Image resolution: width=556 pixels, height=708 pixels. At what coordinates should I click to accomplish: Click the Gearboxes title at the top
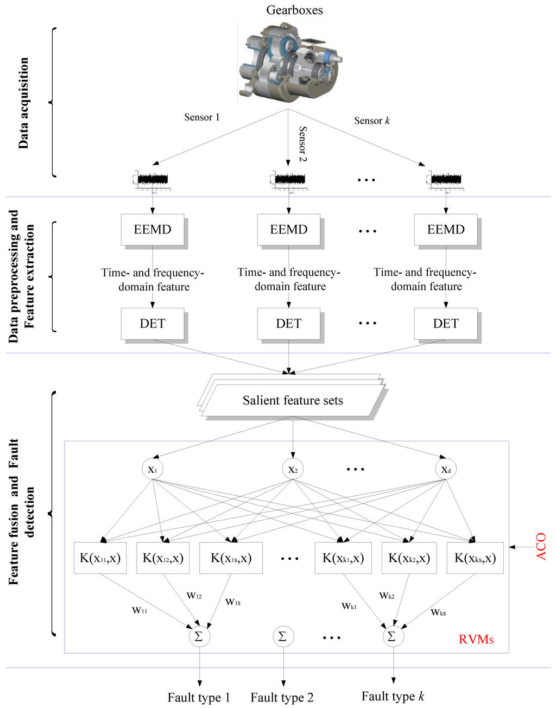pos(294,10)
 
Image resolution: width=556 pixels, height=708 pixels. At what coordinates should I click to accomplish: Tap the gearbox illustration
pos(293,62)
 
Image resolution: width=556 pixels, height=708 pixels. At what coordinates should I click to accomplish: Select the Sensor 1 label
pos(202,117)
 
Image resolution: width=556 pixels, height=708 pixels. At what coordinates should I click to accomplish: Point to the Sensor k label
pos(372,121)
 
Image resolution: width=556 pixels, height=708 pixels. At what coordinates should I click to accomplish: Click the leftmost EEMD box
pos(153,230)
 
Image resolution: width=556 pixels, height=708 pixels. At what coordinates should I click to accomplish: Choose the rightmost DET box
pos(446,324)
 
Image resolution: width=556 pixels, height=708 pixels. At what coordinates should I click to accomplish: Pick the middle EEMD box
pos(289,230)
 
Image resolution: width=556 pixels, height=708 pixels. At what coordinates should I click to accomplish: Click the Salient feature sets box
pos(293,401)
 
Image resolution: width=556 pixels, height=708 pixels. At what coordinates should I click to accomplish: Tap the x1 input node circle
pos(153,470)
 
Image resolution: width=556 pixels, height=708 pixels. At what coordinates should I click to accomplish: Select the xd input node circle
pos(446,470)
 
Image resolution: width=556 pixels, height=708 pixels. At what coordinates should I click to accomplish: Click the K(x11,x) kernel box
pos(100,558)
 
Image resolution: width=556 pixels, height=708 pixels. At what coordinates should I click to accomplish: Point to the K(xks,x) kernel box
pos(475,558)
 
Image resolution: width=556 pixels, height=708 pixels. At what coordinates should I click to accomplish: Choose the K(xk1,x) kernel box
pos(343,558)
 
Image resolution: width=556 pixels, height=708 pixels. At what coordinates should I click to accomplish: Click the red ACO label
pos(541,546)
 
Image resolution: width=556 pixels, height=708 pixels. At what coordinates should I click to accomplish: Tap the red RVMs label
pos(476,639)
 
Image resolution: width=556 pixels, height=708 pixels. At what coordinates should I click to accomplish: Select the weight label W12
pos(194,596)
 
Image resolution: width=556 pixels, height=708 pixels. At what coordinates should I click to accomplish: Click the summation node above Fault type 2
pos(282,636)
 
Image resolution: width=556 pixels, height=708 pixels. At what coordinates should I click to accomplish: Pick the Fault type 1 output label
pos(199,698)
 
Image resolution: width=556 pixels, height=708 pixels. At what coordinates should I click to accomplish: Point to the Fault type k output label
pos(393,697)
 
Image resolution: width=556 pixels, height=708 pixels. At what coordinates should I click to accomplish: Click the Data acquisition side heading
pos(23,103)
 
